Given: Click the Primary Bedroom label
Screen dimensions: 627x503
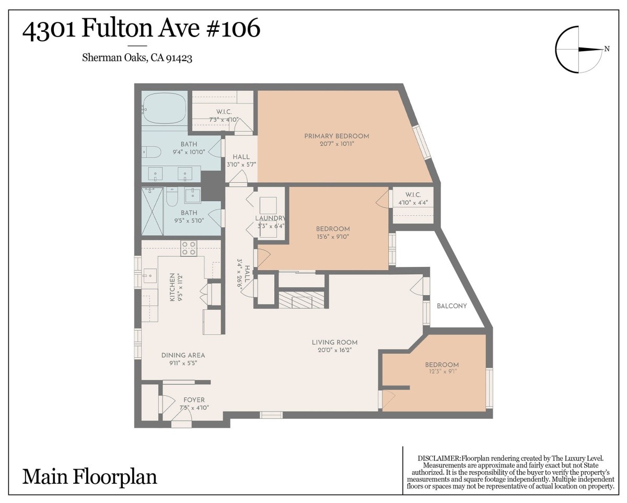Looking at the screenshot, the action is [x=336, y=136].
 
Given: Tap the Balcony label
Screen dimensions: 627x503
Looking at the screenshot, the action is [x=451, y=306].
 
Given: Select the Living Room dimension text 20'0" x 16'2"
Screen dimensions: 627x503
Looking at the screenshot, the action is [x=334, y=350].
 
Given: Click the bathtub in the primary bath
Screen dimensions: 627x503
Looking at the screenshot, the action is [x=164, y=109].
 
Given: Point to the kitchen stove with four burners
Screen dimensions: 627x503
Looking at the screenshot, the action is [x=189, y=248].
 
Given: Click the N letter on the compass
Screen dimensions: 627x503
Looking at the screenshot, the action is [x=607, y=49].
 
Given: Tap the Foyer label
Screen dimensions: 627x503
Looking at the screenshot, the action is [x=194, y=400].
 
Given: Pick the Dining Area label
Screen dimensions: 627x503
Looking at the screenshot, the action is [x=183, y=355].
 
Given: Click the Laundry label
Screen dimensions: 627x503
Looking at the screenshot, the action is [x=270, y=218].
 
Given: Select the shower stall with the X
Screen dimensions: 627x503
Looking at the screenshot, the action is [x=153, y=211].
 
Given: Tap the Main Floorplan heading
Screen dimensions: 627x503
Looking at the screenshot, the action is [x=89, y=477].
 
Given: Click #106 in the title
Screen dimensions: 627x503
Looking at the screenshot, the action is [x=234, y=28].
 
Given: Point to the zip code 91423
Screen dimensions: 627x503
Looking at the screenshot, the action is [x=179, y=58].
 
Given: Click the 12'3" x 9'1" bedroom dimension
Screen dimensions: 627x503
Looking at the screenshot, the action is [x=442, y=371].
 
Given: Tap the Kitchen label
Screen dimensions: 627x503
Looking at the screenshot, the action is [x=172, y=287].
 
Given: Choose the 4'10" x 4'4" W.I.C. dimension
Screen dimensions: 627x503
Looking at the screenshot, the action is [x=413, y=203].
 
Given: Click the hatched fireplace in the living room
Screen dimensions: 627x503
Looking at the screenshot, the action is [x=301, y=299].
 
